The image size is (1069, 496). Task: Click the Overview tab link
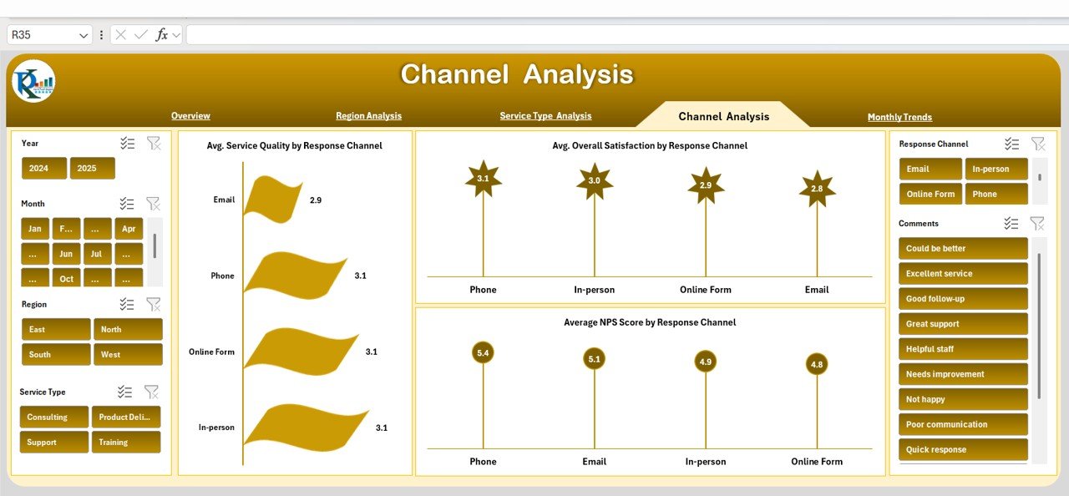click(x=190, y=116)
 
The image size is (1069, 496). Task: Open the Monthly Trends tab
click(x=899, y=117)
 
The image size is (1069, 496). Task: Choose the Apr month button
click(x=128, y=229)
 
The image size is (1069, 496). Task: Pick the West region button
click(x=127, y=355)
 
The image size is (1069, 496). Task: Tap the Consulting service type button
click(x=54, y=418)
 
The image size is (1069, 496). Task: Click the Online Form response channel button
click(x=930, y=195)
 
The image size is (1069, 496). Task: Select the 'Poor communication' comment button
click(x=962, y=425)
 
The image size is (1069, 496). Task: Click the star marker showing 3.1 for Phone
click(x=483, y=179)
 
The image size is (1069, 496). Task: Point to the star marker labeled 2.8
click(x=817, y=189)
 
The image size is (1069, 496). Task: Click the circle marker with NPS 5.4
click(x=483, y=353)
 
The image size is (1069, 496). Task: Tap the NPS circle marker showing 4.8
click(x=817, y=364)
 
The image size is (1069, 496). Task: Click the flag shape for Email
click(x=273, y=200)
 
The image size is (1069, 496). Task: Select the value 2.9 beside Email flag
click(x=316, y=200)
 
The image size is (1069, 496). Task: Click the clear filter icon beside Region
click(x=153, y=305)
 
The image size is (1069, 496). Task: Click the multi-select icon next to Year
click(x=127, y=144)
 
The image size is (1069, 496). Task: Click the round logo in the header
click(x=33, y=82)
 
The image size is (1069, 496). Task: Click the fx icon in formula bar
click(x=162, y=35)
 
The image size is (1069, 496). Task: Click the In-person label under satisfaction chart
click(x=594, y=290)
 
